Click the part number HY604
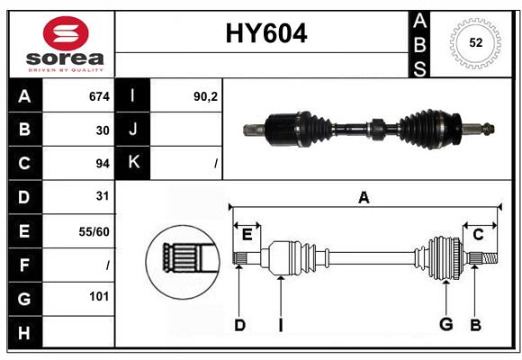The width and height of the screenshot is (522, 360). pyautogui.click(x=265, y=33)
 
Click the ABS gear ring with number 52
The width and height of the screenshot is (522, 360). pyautogui.click(x=473, y=43)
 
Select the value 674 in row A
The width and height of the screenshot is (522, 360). pyautogui.click(x=98, y=96)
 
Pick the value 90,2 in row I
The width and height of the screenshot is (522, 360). pyautogui.click(x=205, y=96)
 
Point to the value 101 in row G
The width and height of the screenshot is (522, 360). pyautogui.click(x=99, y=296)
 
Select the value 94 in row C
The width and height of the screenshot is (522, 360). pyautogui.click(x=102, y=163)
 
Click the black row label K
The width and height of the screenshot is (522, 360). pyautogui.click(x=134, y=163)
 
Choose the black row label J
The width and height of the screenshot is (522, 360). pyautogui.click(x=134, y=130)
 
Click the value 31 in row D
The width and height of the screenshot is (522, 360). pyautogui.click(x=102, y=195)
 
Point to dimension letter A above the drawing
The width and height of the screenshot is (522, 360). pyautogui.click(x=364, y=197)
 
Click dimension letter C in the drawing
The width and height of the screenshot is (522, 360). pyautogui.click(x=478, y=234)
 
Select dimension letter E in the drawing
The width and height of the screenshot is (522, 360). pyautogui.click(x=247, y=234)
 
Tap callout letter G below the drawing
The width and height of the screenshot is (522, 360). pyautogui.click(x=445, y=325)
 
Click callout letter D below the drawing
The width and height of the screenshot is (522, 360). pyautogui.click(x=239, y=325)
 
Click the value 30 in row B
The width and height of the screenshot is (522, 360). pyautogui.click(x=102, y=130)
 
